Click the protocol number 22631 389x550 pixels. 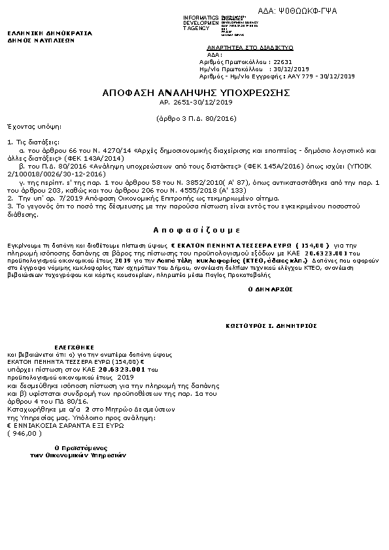pos(281,61)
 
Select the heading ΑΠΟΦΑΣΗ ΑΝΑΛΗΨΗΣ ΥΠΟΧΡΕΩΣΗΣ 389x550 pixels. pos(195,93)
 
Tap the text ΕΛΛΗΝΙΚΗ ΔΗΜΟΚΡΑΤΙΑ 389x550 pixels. pos(50,33)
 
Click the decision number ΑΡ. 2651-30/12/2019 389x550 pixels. pos(195,103)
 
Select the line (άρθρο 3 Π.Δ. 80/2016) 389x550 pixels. pos(195,119)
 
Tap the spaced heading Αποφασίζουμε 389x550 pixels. pos(194,231)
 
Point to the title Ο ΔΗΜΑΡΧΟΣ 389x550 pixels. pos(270,289)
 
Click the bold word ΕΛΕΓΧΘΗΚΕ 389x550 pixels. pos(74,347)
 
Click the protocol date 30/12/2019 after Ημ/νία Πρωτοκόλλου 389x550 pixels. pos(292,69)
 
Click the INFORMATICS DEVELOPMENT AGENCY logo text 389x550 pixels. pos(201,22)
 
